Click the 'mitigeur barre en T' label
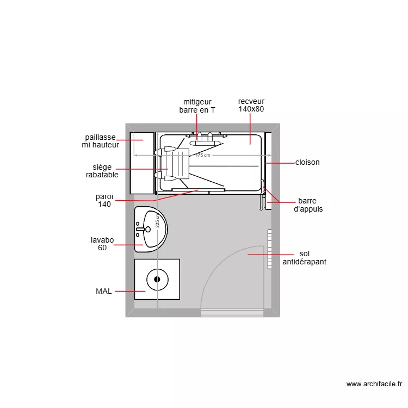pos(197,106)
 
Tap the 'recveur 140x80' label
pos(251,105)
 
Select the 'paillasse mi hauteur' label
pos(100,141)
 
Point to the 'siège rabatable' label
pos(102,171)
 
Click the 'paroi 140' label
pos(104,200)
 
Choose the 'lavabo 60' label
pos(102,243)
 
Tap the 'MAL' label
pos(103,291)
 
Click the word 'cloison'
pos(307,162)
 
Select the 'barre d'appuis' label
pos(307,205)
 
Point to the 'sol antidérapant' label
pos(304,258)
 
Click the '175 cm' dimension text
pos(202,156)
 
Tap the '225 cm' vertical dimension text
pos(157,220)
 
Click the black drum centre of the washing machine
pos(157,279)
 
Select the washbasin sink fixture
pos(150,229)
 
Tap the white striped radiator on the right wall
pos(269,249)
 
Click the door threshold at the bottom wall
pos(232,312)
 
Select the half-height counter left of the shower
pos(141,162)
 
